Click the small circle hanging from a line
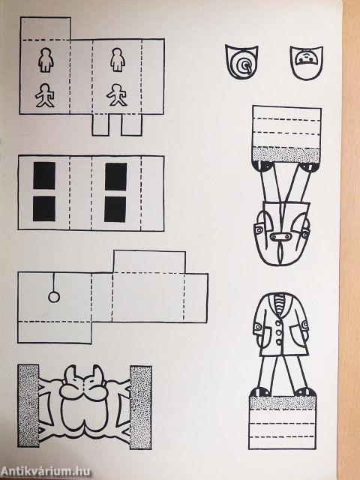click(54, 297)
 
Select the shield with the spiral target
click(241, 61)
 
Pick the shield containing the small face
click(307, 62)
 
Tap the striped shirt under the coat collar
click(280, 304)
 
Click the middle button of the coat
click(279, 332)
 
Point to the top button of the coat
click(278, 323)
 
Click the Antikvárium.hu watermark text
click(46, 471)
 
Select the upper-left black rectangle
click(44, 175)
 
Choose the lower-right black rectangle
click(115, 209)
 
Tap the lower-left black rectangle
click(44, 208)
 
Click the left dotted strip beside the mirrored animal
click(28, 406)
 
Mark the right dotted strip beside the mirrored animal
click(141, 407)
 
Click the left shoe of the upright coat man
click(260, 391)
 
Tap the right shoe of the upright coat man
click(304, 391)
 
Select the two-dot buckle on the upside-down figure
click(280, 236)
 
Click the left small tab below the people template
click(100, 124)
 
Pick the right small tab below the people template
click(132, 124)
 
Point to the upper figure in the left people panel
click(46, 60)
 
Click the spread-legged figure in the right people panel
click(117, 95)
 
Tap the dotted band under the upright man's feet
click(283, 403)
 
